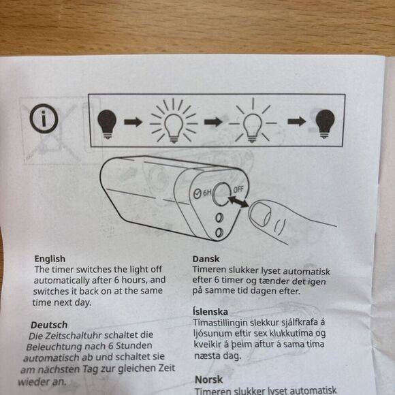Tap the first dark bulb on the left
[108, 123]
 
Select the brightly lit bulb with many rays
[173, 121]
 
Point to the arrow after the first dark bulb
[133, 122]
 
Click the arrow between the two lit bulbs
[213, 122]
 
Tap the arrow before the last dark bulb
[295, 122]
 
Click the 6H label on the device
[202, 193]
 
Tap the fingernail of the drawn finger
[259, 216]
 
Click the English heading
[50, 259]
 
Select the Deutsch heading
[48, 325]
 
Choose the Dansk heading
[206, 259]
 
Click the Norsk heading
[209, 379]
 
